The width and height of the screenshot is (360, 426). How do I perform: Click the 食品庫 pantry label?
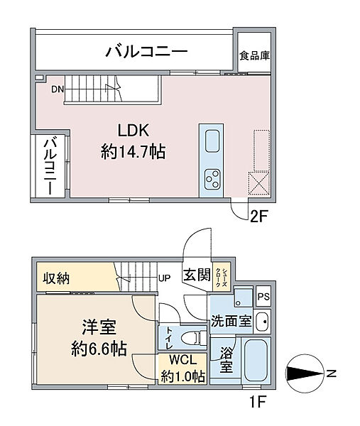254,55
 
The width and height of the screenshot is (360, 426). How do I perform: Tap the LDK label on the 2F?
133,131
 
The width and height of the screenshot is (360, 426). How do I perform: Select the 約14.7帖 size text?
133,151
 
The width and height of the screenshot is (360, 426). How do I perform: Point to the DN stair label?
58,89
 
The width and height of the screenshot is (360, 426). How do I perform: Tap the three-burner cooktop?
212,180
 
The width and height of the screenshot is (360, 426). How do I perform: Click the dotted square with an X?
258,183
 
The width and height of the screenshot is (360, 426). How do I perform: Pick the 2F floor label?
259,217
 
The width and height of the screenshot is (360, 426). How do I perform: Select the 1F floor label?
257,402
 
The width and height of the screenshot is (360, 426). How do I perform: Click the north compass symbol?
305,374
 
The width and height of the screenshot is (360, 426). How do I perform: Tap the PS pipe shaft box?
263,296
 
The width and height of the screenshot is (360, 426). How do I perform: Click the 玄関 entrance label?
197,275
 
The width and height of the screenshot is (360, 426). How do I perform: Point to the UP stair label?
165,278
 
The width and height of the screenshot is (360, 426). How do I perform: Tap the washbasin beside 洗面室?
262,322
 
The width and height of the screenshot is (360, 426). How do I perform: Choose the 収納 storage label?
57,278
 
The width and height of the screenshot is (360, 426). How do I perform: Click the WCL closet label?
183,361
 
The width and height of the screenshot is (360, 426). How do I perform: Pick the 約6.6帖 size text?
99,349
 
